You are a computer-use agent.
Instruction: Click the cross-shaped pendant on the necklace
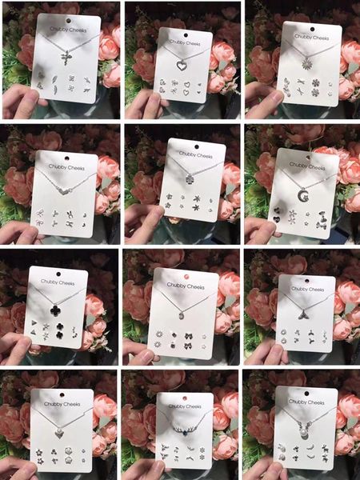(66, 58)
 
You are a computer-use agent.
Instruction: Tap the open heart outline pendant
(182, 66)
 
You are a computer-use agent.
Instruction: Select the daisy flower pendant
(306, 63)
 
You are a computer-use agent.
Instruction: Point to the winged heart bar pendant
(66, 192)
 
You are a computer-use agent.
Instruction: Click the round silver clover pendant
(190, 178)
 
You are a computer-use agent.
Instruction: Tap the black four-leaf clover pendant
(55, 310)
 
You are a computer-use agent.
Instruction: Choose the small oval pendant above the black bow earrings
(182, 315)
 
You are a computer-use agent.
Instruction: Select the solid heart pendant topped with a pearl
(58, 434)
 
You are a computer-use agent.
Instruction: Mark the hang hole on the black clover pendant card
(58, 274)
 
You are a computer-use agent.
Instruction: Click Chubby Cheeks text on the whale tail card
(307, 289)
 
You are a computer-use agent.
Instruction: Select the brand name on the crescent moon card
(307, 166)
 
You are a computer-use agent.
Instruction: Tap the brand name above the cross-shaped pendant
(68, 30)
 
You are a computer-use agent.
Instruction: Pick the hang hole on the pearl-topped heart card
(62, 395)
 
